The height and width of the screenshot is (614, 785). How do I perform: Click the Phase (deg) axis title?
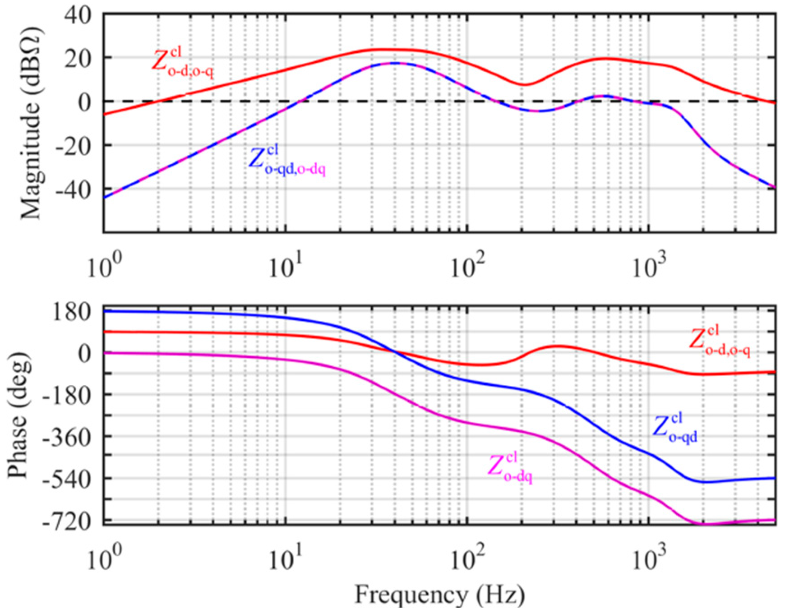(x=19, y=415)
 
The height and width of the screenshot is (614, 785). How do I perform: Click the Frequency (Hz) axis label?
(x=439, y=595)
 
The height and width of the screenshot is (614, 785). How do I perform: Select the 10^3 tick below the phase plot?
(x=650, y=559)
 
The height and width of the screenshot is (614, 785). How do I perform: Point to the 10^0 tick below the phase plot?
(x=104, y=559)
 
